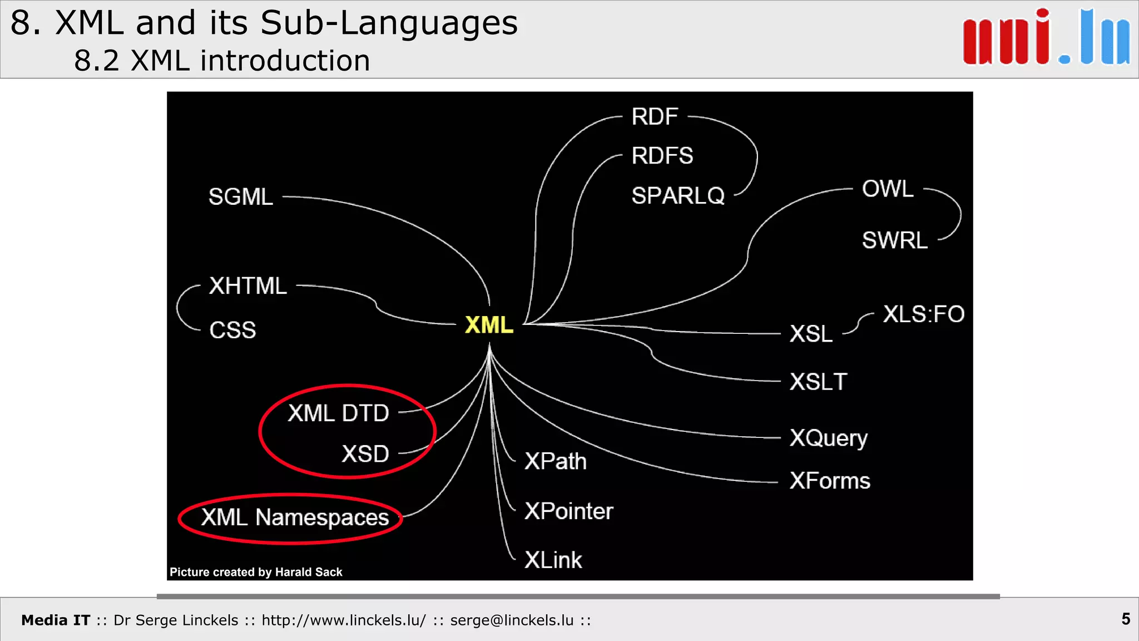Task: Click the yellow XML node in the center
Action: tap(489, 325)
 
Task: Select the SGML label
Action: tap(241, 197)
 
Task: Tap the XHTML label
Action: tap(248, 286)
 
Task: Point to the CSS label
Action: tap(232, 331)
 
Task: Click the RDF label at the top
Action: tap(655, 117)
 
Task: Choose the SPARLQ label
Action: tap(678, 196)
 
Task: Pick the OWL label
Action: tap(888, 189)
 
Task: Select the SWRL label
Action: tap(895, 240)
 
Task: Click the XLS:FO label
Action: tap(924, 314)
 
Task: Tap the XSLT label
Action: tap(818, 382)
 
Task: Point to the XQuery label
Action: tap(829, 438)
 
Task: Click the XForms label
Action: tap(830, 481)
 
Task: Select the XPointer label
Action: tap(568, 511)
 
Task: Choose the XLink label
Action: tap(553, 560)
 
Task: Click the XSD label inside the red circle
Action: tap(365, 454)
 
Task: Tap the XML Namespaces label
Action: tap(295, 518)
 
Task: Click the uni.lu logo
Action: tap(1046, 38)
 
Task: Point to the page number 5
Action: tap(1126, 619)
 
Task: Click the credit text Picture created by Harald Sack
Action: tap(256, 572)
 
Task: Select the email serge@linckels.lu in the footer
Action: tap(512, 620)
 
